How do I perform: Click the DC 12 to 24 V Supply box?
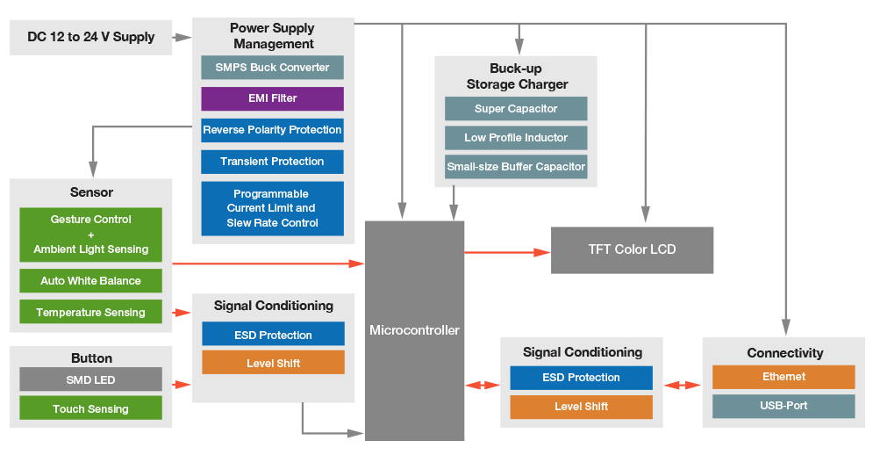[90, 37]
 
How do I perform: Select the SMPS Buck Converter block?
[272, 68]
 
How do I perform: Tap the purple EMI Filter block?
[272, 98]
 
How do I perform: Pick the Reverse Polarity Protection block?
[272, 130]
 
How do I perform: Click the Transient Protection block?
[272, 162]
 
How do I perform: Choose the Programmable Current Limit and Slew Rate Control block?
[272, 208]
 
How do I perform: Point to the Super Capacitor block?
[516, 109]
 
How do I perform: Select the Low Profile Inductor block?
[516, 138]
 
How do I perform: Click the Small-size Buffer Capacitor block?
[516, 167]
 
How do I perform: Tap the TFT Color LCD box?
[632, 249]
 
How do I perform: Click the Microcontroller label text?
[414, 330]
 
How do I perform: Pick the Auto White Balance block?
[90, 281]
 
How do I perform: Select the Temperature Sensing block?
[90, 312]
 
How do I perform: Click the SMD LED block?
[90, 379]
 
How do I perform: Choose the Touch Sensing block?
[90, 408]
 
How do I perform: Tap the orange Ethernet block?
[784, 377]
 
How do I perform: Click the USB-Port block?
[784, 406]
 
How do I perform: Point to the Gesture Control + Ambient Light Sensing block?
[90, 235]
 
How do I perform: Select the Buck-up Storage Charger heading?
[516, 76]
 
